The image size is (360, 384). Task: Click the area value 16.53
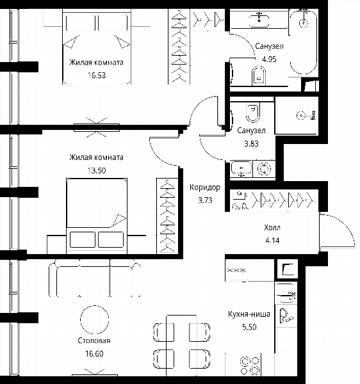97,75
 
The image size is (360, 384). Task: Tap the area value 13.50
97,170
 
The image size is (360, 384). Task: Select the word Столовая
94,340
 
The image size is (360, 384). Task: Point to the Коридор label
205,188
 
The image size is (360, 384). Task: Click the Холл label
272,227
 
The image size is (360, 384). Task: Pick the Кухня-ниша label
249,314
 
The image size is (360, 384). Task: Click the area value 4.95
269,59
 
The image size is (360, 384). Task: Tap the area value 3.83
251,143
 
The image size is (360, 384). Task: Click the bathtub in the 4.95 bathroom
304,42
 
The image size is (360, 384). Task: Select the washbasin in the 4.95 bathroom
259,20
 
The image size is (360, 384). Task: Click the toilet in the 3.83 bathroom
253,112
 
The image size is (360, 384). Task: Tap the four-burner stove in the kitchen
250,365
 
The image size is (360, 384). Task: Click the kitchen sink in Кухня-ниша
286,293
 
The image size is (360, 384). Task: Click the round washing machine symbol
264,169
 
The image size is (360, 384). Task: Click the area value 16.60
94,354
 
